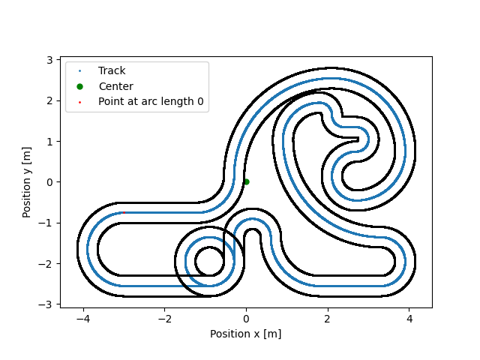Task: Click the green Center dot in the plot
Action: coord(247,181)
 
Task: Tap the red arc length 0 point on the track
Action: coord(124,212)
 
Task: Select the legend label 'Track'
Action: coord(112,70)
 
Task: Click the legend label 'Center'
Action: coord(116,86)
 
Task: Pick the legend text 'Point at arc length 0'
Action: coord(151,101)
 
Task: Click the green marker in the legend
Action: coord(80,87)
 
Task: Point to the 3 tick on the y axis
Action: coord(49,60)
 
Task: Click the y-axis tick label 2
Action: coord(49,100)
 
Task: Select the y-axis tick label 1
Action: coord(49,142)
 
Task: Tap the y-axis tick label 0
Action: coord(49,182)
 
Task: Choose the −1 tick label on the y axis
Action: coord(45,223)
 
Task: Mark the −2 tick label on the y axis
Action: coord(45,263)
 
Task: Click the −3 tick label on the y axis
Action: coord(45,304)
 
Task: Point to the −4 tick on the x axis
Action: coord(83,319)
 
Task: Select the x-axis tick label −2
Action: coord(164,319)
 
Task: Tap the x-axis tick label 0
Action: coord(246,319)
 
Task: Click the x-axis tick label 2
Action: coord(328,319)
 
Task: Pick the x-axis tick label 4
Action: coord(409,319)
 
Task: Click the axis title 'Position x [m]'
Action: coord(246,334)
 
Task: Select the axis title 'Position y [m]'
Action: coord(27,182)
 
